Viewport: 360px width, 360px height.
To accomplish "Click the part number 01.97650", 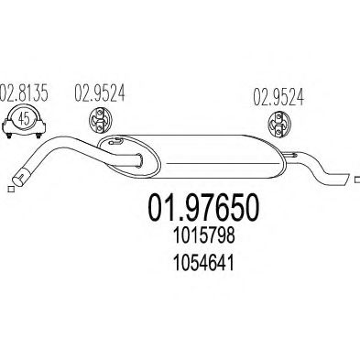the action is coord(203,208).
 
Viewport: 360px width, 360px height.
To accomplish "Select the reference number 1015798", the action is coord(203,236).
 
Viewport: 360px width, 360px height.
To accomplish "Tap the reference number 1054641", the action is coord(203,263).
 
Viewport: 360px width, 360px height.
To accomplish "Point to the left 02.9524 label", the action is coord(100,93).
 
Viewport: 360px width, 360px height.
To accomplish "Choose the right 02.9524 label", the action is coord(278,97).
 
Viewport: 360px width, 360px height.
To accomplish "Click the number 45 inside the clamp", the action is coord(24,118).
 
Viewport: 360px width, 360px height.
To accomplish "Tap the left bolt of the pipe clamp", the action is coord(9,135).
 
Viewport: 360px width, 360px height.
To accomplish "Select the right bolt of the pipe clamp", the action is coord(38,135).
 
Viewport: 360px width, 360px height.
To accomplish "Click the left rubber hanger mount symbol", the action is coord(100,120).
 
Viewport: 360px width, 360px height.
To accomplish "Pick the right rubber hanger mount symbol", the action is coord(279,125).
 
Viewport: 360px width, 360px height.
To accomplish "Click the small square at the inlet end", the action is coord(11,190).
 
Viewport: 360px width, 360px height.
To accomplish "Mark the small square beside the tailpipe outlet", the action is coord(357,180).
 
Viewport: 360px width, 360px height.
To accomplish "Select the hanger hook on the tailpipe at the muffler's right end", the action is coord(290,155).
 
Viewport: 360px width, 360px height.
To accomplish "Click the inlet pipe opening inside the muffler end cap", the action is coord(140,160).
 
